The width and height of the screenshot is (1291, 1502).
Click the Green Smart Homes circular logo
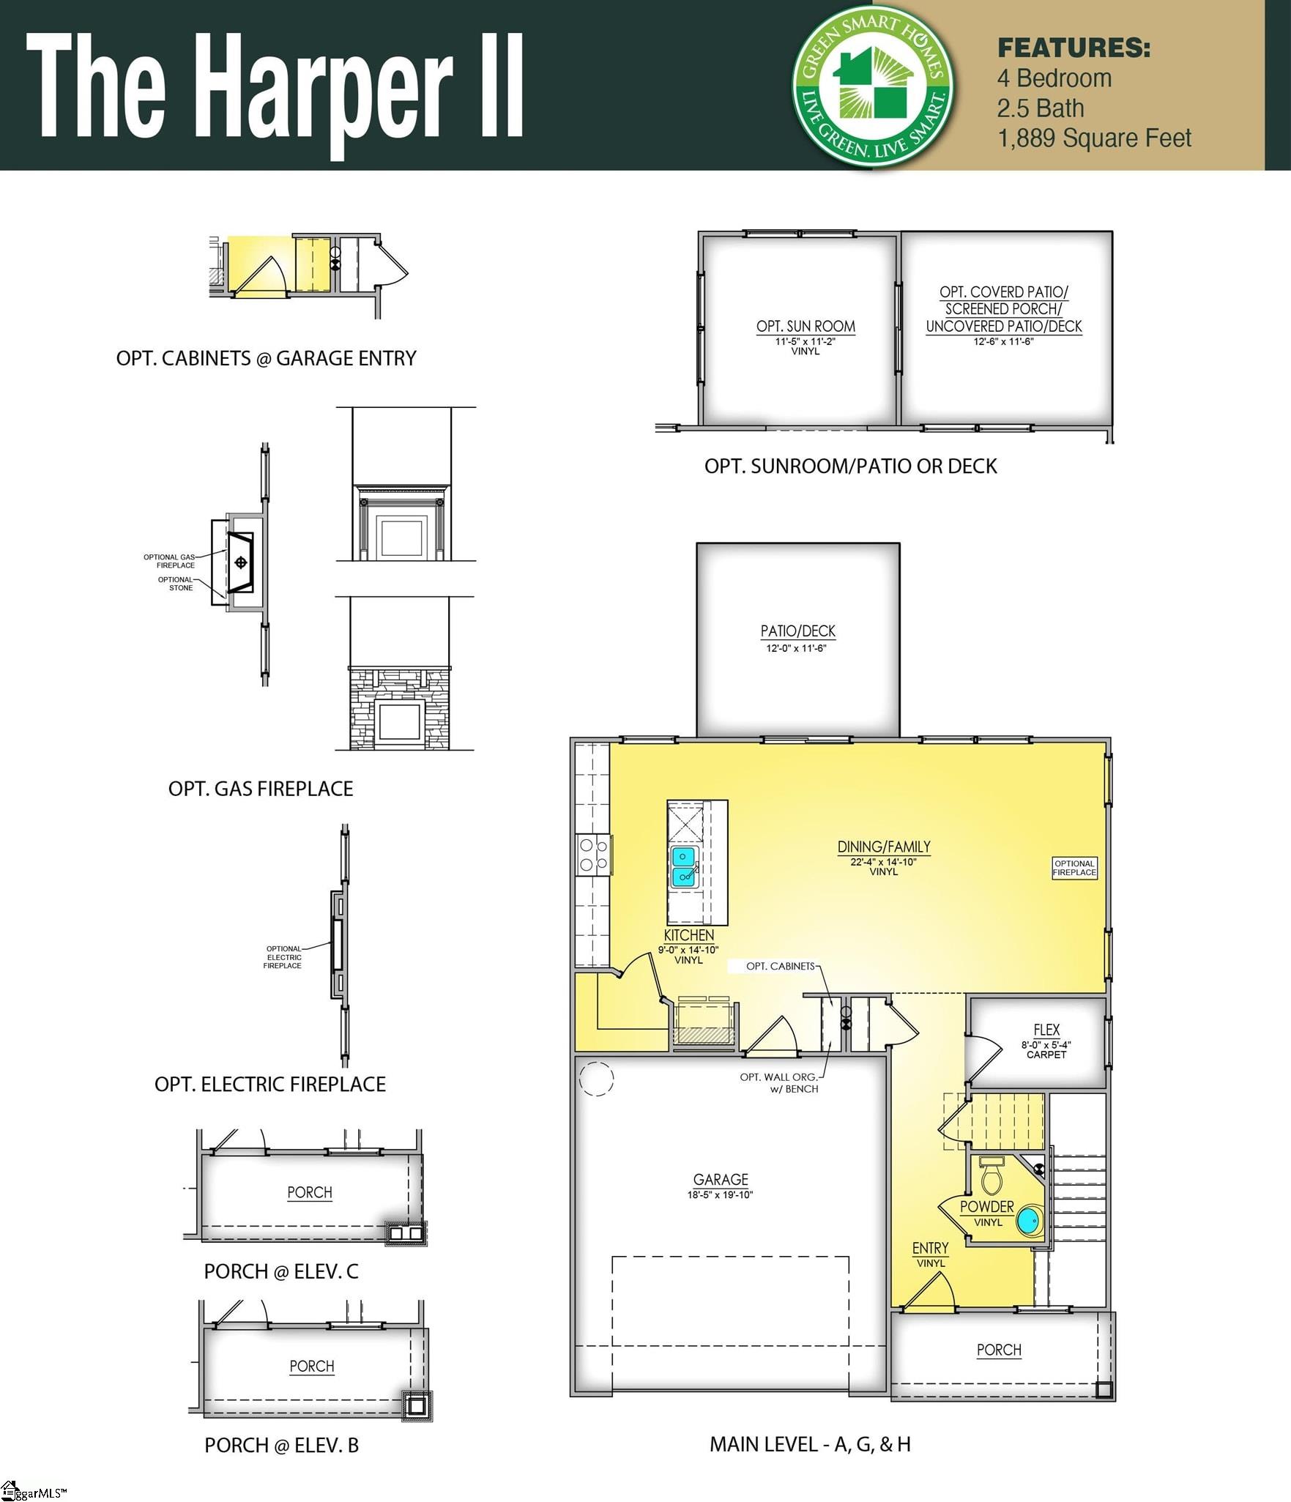tap(874, 86)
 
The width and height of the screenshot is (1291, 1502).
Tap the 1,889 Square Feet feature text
tap(1094, 138)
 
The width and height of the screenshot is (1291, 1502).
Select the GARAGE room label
tap(721, 1179)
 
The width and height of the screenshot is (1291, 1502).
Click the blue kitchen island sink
tap(683, 866)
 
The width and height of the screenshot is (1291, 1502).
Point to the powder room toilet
tap(991, 1176)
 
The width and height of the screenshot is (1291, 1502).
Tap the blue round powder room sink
tap(1029, 1221)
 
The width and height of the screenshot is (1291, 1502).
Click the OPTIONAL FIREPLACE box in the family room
tap(1074, 868)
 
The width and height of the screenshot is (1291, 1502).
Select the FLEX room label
tap(1046, 1030)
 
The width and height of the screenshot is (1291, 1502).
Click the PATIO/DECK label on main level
tap(797, 631)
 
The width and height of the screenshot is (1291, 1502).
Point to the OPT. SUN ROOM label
tap(806, 327)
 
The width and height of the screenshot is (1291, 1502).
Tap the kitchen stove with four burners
tap(593, 855)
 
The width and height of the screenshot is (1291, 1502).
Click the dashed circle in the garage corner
tap(596, 1079)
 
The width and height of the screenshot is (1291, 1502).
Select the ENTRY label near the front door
tap(930, 1248)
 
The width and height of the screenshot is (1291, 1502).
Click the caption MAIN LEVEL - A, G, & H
tap(810, 1444)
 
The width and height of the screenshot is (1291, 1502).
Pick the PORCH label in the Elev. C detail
tap(309, 1192)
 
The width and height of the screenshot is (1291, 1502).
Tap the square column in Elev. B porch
tap(417, 1405)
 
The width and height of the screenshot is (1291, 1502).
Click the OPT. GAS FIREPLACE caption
tap(261, 789)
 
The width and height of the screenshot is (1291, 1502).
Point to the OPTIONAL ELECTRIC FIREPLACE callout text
tap(283, 957)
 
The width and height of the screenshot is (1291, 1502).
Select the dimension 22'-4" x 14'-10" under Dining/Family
tap(883, 862)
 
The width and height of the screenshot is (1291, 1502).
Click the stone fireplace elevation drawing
tap(400, 708)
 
